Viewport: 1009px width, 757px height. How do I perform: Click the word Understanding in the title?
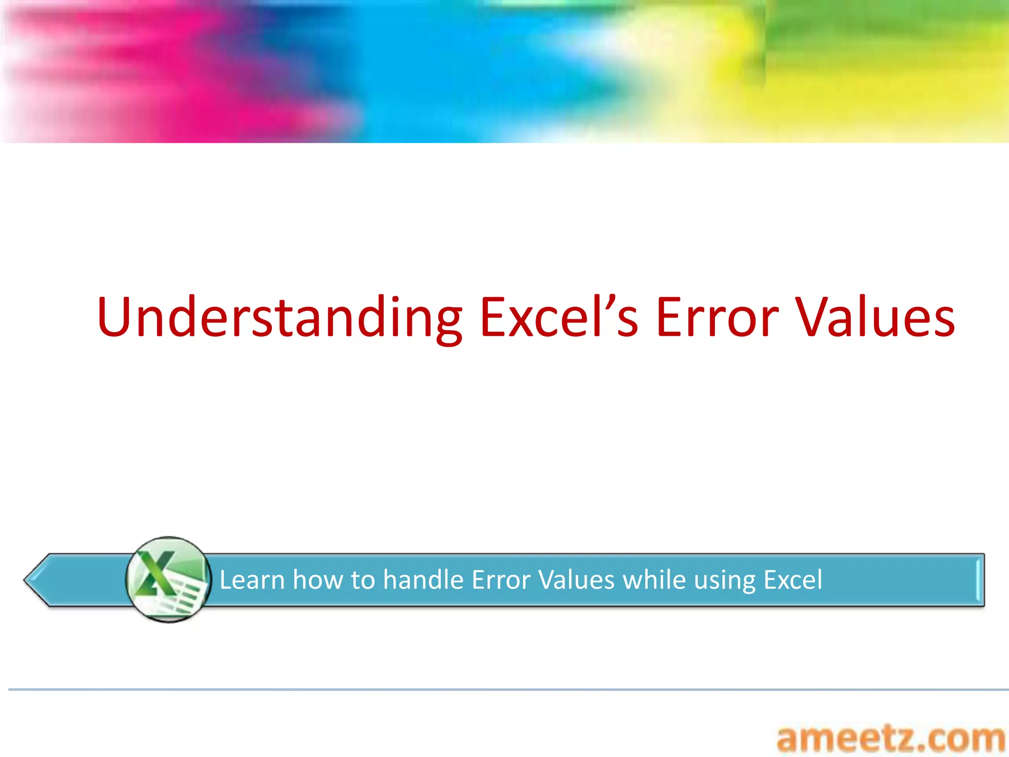click(x=279, y=318)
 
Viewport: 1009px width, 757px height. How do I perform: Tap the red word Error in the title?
click(x=717, y=318)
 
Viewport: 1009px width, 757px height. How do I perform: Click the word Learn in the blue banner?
click(x=252, y=580)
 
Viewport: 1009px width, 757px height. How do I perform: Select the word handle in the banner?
click(x=423, y=580)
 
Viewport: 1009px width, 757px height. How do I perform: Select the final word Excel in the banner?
click(x=793, y=580)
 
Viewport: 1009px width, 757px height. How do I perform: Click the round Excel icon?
click(x=168, y=580)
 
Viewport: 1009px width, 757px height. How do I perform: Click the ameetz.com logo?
click(x=890, y=739)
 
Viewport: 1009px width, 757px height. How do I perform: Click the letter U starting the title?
click(x=116, y=318)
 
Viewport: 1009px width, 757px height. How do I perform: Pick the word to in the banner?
click(x=363, y=580)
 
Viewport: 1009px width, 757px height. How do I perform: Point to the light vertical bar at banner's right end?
click(x=977, y=580)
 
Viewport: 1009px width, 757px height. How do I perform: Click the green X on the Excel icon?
click(x=156, y=573)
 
